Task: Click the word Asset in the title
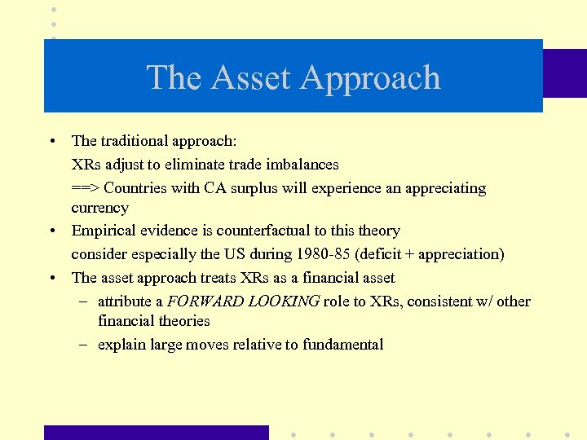click(x=251, y=78)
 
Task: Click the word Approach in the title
click(x=369, y=78)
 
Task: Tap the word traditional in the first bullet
click(x=138, y=141)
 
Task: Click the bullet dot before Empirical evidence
click(x=51, y=231)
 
